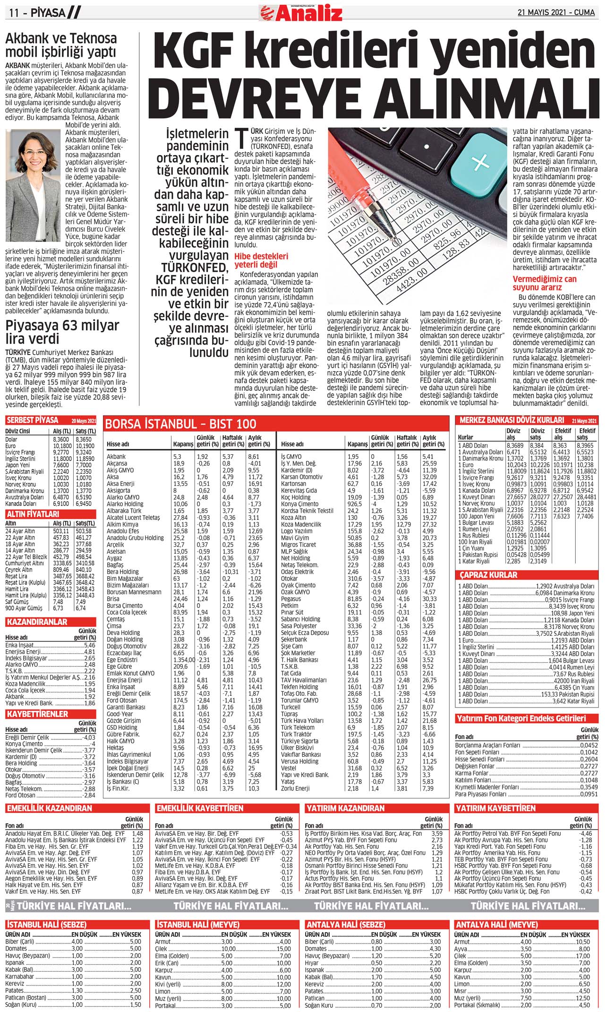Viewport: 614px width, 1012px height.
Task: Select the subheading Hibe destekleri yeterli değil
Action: (261, 260)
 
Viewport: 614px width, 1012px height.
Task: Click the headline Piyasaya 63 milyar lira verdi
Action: (62, 332)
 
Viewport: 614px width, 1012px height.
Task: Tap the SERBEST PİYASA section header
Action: (32, 420)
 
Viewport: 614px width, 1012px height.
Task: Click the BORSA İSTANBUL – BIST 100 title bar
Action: (180, 424)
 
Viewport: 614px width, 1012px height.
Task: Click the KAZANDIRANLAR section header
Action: (36, 622)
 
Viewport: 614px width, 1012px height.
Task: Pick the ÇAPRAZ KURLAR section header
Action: (488, 575)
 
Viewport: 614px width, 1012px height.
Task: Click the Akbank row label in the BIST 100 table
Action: (116, 457)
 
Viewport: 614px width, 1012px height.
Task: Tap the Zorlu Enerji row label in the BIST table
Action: (295, 788)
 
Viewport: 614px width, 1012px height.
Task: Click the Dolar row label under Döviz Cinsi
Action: (11, 439)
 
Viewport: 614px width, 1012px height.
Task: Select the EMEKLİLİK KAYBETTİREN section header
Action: (200, 808)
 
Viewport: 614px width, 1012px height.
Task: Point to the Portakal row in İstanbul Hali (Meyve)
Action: (165, 1006)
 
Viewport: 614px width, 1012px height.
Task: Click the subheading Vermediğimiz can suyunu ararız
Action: (545, 283)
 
